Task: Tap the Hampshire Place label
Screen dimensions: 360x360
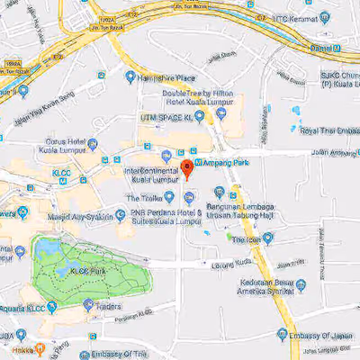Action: (x=171, y=77)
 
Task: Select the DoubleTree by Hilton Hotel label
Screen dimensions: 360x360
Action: (x=198, y=99)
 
